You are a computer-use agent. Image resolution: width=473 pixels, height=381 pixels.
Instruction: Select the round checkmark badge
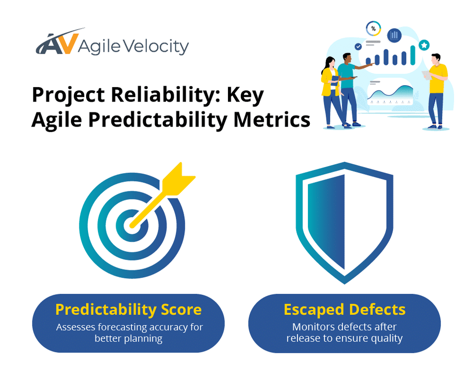click(357, 46)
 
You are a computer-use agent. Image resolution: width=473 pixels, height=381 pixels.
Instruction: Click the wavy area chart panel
click(389, 92)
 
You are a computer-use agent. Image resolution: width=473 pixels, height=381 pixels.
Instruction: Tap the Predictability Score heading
click(128, 310)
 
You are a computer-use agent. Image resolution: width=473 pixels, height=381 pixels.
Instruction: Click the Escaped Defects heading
click(345, 310)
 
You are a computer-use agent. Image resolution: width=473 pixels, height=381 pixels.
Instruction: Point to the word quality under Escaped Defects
click(385, 339)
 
